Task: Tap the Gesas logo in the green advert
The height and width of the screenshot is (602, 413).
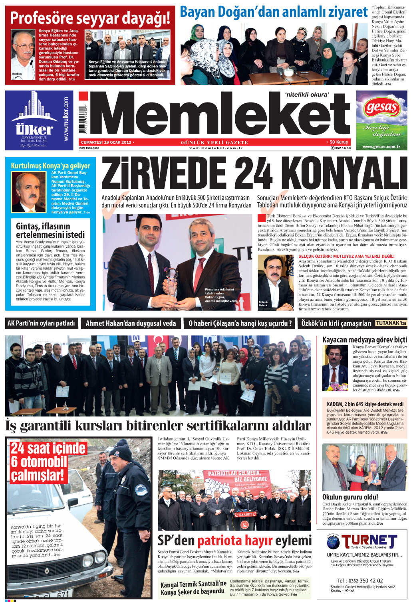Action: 381,107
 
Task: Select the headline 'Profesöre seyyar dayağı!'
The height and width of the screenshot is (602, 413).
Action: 90,18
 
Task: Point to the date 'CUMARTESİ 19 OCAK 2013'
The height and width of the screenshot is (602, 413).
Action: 106,142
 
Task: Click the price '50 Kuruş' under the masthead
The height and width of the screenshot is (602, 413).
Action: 339,142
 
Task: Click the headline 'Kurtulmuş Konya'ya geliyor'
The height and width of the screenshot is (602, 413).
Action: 51,166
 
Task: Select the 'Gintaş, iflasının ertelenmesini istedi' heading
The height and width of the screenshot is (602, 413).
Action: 50,230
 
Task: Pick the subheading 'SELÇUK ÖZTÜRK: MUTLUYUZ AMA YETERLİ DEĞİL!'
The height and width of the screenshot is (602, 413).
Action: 346,256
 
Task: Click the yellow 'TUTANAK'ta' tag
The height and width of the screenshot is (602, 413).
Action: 391,323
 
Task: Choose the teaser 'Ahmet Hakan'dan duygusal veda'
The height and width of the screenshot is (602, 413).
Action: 131,324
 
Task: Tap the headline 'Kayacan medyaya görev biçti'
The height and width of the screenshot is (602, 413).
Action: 365,340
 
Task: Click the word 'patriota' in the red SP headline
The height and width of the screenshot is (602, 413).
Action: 222,541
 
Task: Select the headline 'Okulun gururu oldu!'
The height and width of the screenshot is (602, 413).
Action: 350,497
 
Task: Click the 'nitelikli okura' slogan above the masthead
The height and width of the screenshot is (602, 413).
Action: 307,95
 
